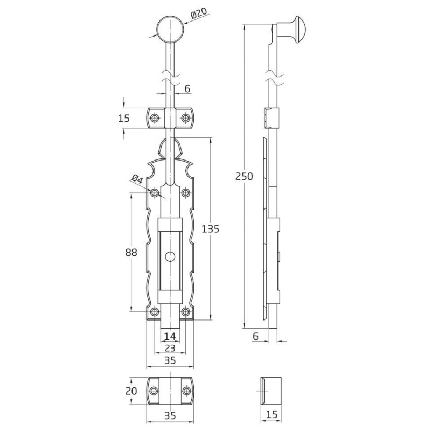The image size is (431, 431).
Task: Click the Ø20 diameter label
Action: [198, 13]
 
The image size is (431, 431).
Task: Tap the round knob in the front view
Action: [170, 30]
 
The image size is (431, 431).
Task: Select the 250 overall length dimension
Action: [244, 176]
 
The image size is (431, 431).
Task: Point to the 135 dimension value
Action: [210, 228]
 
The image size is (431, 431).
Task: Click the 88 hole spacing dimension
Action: [131, 252]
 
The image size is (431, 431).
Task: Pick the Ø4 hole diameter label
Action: [137, 179]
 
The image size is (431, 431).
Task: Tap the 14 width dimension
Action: [170, 336]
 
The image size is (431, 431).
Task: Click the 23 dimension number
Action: [170, 348]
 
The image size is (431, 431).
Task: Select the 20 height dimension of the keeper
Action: [131, 391]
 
